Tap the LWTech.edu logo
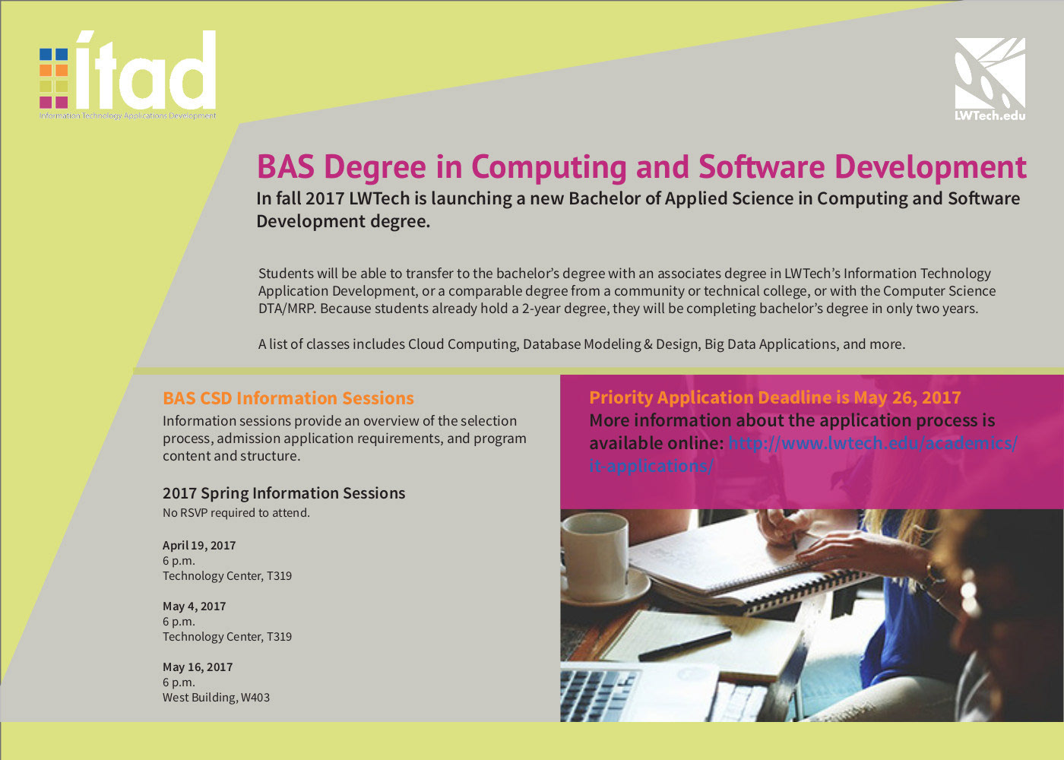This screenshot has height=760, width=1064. coord(990,79)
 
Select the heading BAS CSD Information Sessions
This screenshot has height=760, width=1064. coord(288,398)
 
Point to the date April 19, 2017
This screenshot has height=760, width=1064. coord(199,546)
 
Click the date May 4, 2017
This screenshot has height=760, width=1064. coord(194,606)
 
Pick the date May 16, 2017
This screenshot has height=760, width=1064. coord(198,667)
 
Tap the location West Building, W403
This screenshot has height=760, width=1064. coord(216,698)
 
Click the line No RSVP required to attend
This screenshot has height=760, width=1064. coord(236,513)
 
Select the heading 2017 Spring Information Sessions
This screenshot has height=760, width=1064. coord(283,493)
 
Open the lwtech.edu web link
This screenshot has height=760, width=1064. coord(872,444)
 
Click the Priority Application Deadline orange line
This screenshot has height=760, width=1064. coord(774,397)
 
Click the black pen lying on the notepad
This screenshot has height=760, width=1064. coord(685,645)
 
